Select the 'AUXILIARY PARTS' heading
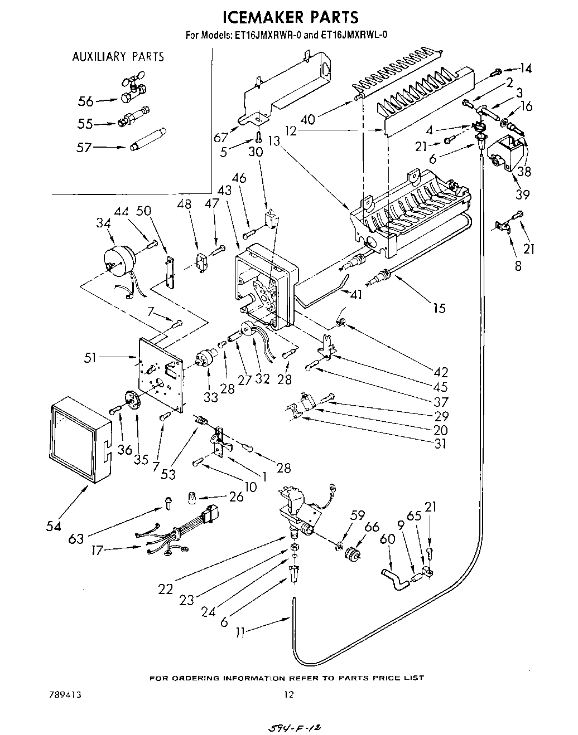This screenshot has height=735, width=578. (x=118, y=56)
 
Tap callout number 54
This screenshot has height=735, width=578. (x=54, y=525)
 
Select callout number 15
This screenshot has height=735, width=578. (x=439, y=307)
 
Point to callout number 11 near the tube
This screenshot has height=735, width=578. (x=240, y=632)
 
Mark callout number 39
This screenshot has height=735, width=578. (x=522, y=194)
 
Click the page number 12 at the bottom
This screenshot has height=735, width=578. (x=288, y=695)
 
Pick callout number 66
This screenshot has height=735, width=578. (x=372, y=526)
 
